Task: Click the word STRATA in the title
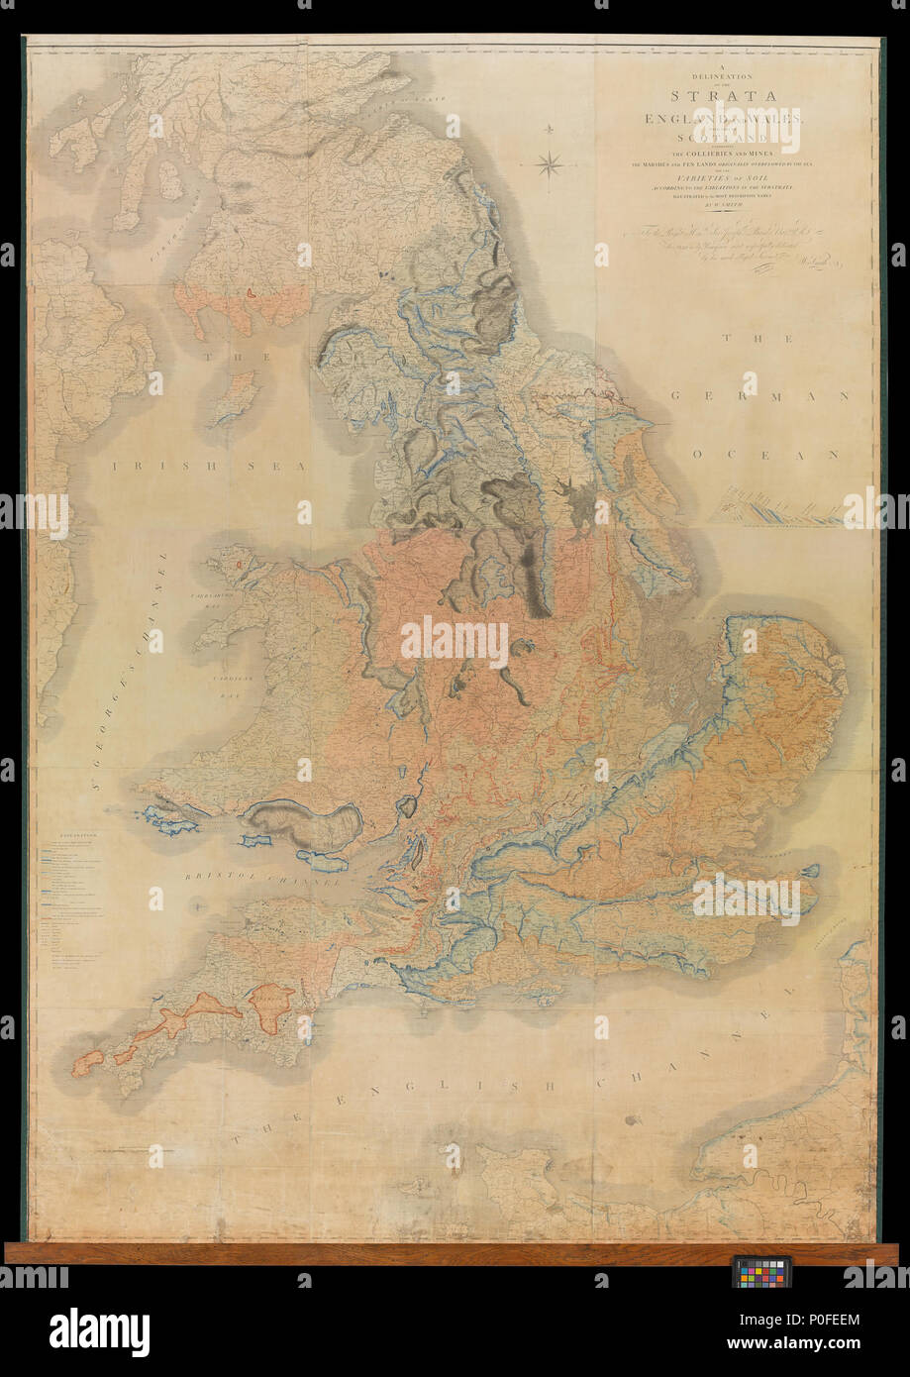click(x=722, y=96)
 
